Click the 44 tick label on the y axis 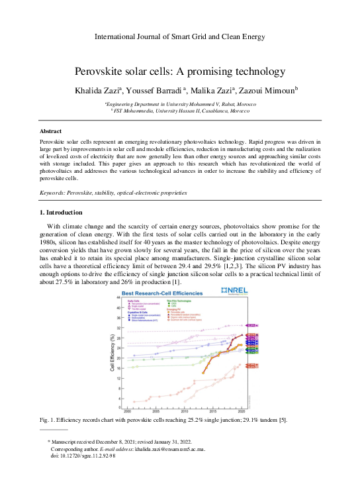(x=119, y=297)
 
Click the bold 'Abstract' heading (x=52, y=132)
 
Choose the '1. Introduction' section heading (x=62, y=213)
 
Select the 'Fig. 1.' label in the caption (x=49, y=422)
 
